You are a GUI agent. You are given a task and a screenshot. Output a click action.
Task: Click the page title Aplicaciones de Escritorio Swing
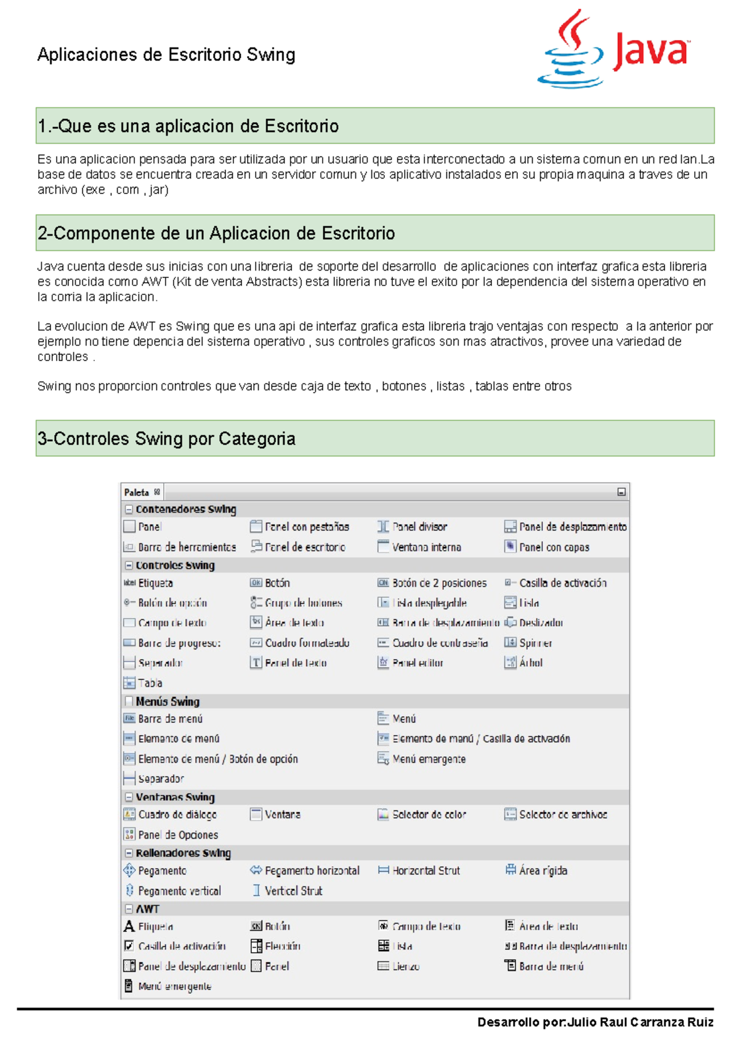[x=166, y=55]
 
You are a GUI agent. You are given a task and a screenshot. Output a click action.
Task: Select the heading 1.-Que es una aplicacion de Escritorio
[x=188, y=126]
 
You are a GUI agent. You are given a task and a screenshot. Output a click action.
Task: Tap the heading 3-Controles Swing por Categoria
[x=166, y=439]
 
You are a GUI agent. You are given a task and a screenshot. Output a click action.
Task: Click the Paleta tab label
[x=137, y=492]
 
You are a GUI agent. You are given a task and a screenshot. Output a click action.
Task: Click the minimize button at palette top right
[x=621, y=492]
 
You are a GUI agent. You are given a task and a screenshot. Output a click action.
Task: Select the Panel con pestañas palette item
[x=306, y=527]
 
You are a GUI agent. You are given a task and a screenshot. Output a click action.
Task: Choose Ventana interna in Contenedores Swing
[x=426, y=547]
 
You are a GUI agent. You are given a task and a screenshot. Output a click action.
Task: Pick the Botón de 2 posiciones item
[x=438, y=583]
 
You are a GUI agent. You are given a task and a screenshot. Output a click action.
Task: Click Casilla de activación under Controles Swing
[x=562, y=583]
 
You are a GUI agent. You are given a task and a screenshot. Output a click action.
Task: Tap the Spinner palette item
[x=535, y=643]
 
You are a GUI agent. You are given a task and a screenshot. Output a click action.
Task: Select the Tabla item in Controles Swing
[x=150, y=683]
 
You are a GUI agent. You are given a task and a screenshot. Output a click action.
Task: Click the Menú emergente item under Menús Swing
[x=429, y=759]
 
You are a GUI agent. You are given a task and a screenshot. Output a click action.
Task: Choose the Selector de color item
[x=429, y=815]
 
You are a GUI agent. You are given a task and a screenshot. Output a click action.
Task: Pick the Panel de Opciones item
[x=177, y=835]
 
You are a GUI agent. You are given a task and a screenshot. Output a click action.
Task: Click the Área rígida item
[x=543, y=871]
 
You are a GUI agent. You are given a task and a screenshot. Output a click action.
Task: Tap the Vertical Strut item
[x=293, y=891]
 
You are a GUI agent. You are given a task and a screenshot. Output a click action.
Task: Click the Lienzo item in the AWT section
[x=406, y=966]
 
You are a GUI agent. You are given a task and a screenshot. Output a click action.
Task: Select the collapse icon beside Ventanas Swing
[x=129, y=797]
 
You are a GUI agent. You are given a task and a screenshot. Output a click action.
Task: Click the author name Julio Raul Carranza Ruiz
[x=640, y=1022]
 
